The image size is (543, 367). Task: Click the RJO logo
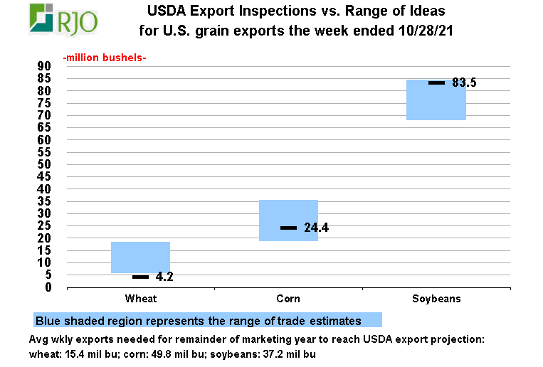(x=63, y=19)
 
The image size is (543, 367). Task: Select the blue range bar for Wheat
(x=140, y=257)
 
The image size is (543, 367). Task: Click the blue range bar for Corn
(x=288, y=220)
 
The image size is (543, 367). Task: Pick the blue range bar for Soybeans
(x=436, y=100)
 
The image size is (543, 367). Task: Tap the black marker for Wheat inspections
(x=140, y=277)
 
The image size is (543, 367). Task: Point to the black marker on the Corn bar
(x=288, y=228)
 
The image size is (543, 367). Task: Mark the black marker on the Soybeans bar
(x=436, y=83)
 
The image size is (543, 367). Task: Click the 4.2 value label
(x=164, y=277)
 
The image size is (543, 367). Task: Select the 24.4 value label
(x=316, y=228)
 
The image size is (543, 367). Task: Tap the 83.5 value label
(x=464, y=83)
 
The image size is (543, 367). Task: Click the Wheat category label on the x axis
(x=140, y=299)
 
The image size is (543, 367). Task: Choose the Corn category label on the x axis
(x=288, y=299)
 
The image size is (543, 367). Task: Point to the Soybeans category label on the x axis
(x=436, y=299)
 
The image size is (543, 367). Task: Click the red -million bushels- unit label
(x=104, y=57)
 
